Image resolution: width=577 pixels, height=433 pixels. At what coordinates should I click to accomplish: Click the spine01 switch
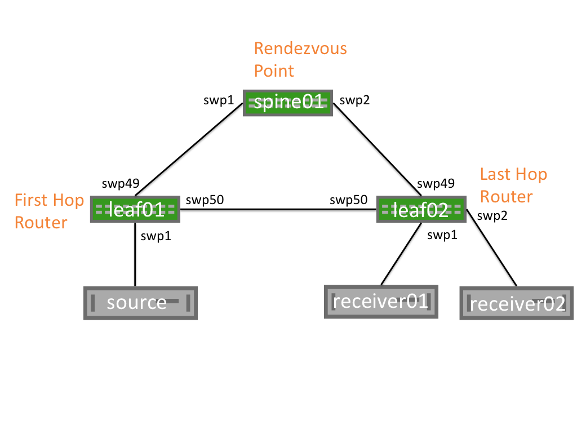click(x=288, y=103)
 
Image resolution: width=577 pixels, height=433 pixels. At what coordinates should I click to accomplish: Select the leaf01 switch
click(x=135, y=209)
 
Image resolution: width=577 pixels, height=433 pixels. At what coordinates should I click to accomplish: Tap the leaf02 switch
click(x=421, y=209)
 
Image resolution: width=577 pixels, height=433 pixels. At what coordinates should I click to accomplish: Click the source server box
click(x=140, y=303)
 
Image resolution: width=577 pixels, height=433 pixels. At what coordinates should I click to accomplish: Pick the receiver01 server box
click(x=381, y=302)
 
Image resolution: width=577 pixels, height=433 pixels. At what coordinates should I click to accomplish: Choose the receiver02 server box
click(x=516, y=303)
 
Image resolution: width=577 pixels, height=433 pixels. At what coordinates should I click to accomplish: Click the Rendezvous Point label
click(x=300, y=59)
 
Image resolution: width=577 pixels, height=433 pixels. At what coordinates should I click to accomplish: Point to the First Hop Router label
click(x=49, y=211)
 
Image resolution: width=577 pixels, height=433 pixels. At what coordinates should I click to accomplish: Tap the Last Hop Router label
click(x=513, y=185)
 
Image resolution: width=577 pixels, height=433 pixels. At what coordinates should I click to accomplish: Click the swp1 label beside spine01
click(x=218, y=100)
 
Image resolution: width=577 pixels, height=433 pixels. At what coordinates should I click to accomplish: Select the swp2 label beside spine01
click(x=354, y=101)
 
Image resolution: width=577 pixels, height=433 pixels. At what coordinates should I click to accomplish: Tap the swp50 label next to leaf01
click(x=203, y=200)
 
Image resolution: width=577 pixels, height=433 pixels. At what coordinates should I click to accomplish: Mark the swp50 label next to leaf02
click(x=348, y=200)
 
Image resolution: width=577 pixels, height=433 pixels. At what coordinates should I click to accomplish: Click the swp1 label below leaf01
click(x=156, y=236)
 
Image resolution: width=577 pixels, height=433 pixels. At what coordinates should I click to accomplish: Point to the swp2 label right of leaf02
click(x=491, y=215)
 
